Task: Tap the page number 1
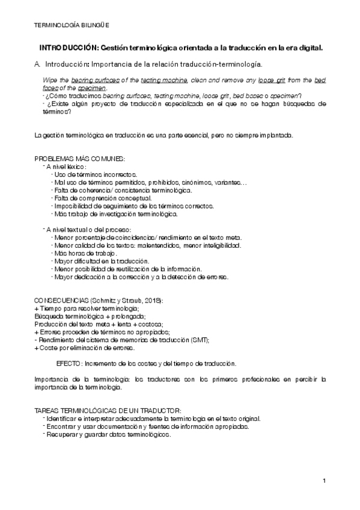(x=324, y=481)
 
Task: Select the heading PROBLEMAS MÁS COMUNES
(x=80, y=158)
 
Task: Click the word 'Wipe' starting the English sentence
(x=50, y=80)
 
